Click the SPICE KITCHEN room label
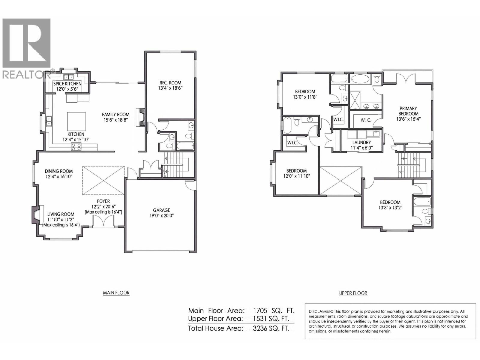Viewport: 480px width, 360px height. (x=67, y=84)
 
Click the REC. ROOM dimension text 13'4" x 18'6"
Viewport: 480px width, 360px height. (x=170, y=88)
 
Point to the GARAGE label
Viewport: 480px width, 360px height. (x=161, y=210)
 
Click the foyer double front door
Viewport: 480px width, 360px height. (x=103, y=222)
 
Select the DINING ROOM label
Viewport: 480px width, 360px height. (x=59, y=171)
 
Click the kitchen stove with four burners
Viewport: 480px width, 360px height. (x=76, y=147)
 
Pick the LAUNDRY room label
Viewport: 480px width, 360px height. (x=361, y=142)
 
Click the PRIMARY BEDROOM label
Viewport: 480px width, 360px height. (x=408, y=111)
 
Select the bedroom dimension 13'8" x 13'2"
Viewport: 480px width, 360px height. (x=390, y=207)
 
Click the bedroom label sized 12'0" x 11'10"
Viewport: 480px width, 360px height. (x=296, y=171)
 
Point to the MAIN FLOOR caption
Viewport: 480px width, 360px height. (x=116, y=293)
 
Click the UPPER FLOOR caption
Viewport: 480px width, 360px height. (x=353, y=293)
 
